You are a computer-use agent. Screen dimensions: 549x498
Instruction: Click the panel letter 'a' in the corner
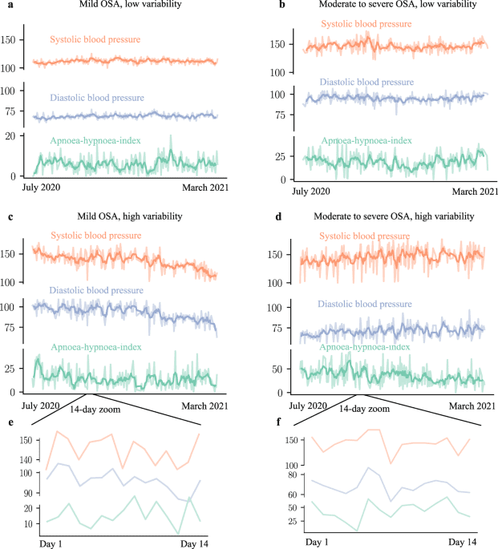tap(6, 5)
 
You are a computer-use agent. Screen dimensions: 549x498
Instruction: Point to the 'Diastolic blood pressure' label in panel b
tap(365, 82)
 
